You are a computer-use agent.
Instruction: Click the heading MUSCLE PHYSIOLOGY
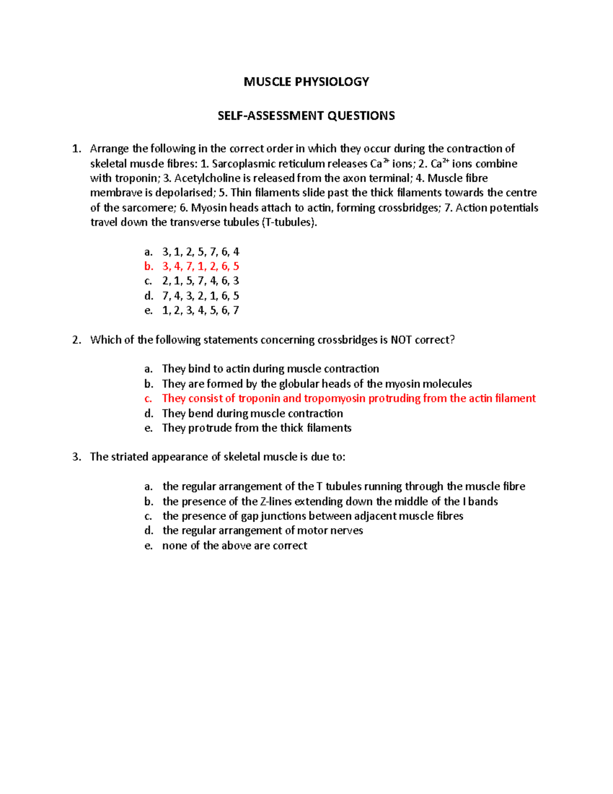point(306,82)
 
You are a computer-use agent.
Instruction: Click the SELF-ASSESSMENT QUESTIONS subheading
point(306,116)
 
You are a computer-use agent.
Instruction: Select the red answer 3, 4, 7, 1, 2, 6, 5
point(200,266)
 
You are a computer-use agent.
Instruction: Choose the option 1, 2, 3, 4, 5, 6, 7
point(200,310)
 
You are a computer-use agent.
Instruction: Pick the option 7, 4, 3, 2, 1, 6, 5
point(200,296)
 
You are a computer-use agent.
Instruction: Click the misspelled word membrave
point(116,193)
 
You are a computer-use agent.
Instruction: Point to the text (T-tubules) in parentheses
point(289,222)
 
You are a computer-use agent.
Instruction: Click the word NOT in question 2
point(401,340)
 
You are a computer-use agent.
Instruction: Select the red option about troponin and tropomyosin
point(348,398)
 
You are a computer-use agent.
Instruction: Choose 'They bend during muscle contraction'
point(252,413)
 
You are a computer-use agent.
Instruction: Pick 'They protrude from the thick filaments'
point(256,428)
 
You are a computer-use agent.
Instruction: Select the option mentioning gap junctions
point(313,516)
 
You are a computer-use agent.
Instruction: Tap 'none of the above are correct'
point(234,546)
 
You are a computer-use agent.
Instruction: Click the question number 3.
point(76,457)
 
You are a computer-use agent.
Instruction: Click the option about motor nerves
point(263,531)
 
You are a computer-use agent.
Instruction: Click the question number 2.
point(76,340)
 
